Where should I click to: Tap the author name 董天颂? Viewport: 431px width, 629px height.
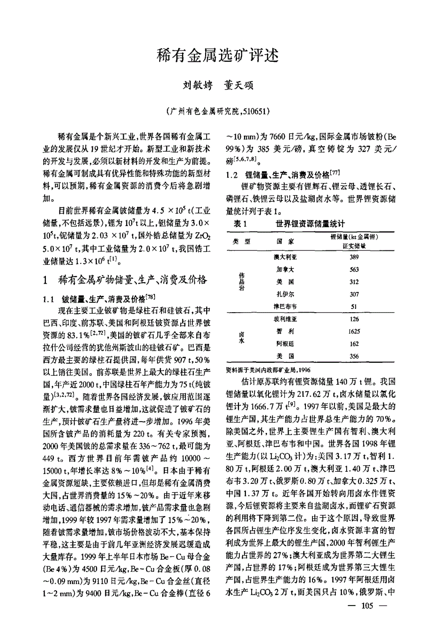pos(239,86)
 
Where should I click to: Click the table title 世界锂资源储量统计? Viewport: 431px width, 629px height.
pos(311,224)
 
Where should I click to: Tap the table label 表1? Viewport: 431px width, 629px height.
pos(240,224)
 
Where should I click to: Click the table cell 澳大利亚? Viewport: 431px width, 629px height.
pos(285,257)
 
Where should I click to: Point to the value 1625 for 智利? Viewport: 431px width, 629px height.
pos(354,331)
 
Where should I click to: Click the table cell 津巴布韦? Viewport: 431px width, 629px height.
pos(285,307)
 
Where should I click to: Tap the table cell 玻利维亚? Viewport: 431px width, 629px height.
pos(285,319)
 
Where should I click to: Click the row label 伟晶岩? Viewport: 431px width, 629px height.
pos(242,282)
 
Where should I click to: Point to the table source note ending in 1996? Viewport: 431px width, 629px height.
pos(268,369)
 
